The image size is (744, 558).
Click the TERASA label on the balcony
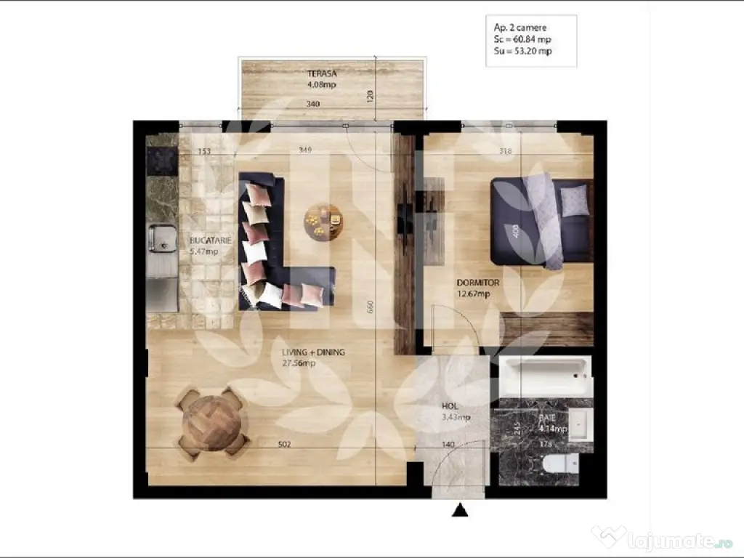[321, 73]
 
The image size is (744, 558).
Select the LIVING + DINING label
[313, 352]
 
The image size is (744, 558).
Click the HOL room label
[450, 407]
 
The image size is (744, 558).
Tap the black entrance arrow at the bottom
[459, 511]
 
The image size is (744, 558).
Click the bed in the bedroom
[541, 221]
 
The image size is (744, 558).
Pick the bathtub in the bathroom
[546, 376]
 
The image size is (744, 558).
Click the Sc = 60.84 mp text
[520, 39]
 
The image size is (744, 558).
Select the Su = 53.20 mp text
[522, 51]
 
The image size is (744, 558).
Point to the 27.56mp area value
[299, 363]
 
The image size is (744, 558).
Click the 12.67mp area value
[473, 294]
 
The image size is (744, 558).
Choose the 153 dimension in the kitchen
[204, 151]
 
